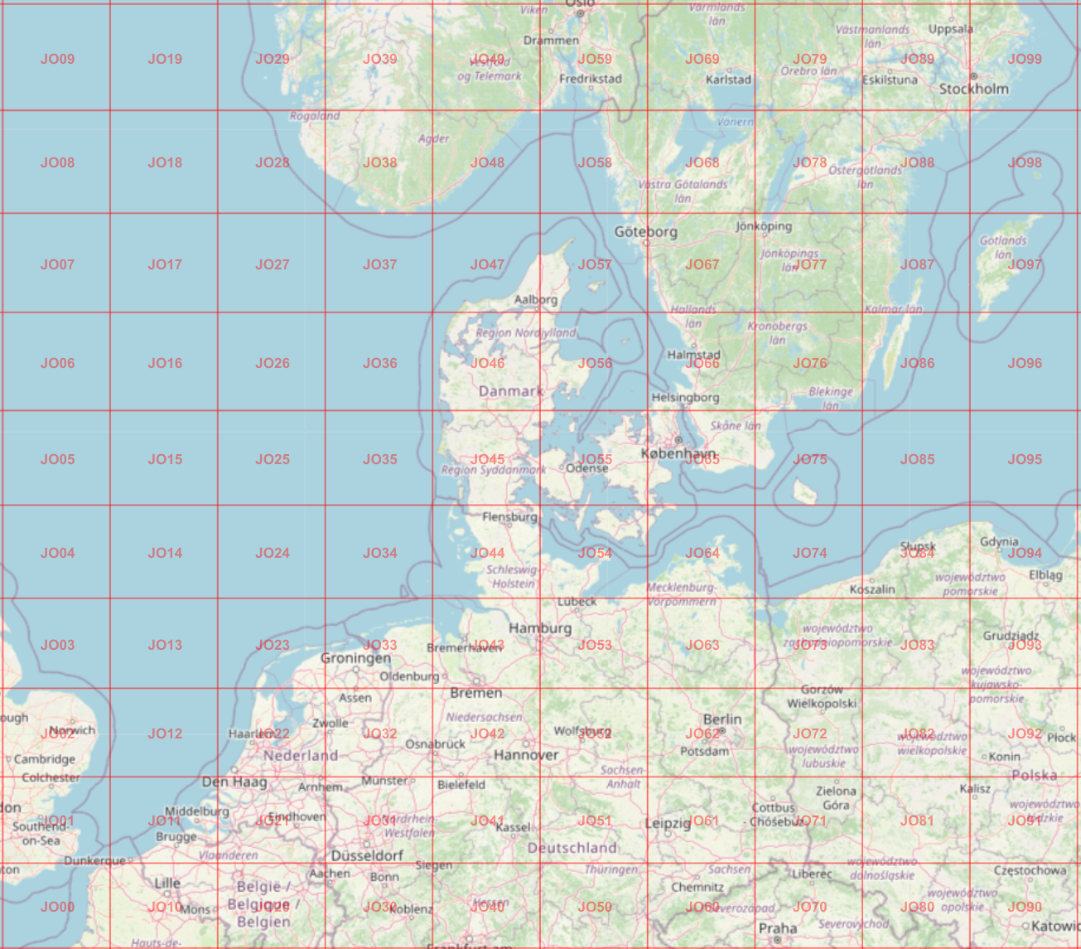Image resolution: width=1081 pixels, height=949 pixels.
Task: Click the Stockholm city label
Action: tap(973, 89)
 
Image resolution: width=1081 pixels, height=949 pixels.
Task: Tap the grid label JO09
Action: tap(57, 59)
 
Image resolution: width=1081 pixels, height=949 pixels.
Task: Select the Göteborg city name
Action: tap(645, 232)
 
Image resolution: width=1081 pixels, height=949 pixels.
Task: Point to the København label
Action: tap(678, 453)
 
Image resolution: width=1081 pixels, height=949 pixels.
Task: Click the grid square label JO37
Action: tap(379, 264)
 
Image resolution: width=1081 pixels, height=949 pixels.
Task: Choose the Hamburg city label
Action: tap(540, 628)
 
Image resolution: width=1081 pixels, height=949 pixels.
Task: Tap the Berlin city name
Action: tap(721, 719)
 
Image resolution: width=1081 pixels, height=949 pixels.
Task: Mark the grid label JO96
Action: tap(1025, 363)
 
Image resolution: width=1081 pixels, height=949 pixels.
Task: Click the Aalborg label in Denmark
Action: tap(535, 299)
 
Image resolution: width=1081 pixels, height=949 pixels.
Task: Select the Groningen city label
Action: tap(355, 658)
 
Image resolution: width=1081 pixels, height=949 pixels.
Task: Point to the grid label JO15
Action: tap(165, 459)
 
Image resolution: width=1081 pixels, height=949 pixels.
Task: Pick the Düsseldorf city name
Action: tap(367, 855)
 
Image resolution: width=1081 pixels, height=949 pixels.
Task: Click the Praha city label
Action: tap(778, 928)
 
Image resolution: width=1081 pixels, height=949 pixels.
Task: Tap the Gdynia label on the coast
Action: tap(999, 541)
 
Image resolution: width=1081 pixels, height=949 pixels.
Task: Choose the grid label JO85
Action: tap(917, 459)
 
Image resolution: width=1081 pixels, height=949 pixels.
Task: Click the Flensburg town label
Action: tap(509, 516)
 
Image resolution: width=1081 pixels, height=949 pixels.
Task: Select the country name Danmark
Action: tap(511, 391)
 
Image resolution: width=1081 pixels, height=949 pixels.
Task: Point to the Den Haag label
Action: tap(234, 782)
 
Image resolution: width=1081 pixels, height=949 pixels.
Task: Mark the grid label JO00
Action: tap(57, 907)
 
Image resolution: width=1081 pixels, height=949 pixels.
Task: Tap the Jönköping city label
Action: tap(764, 226)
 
